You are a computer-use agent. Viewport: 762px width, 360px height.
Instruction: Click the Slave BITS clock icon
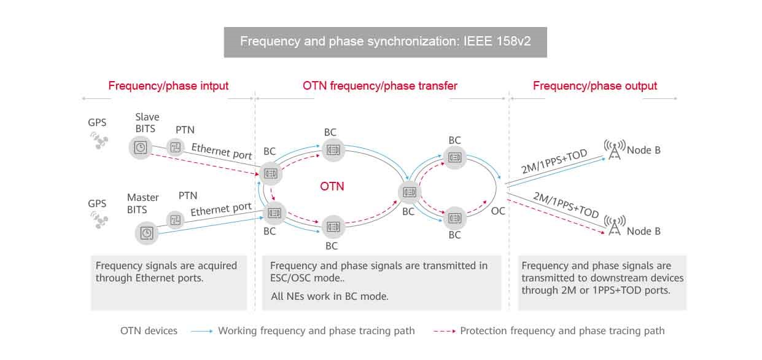[140, 147]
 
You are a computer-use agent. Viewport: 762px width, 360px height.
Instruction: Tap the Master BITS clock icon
[147, 233]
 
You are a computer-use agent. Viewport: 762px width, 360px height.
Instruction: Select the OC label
[498, 211]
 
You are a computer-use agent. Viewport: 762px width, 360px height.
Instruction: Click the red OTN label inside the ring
[332, 187]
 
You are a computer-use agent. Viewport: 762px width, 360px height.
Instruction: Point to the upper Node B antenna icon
[615, 149]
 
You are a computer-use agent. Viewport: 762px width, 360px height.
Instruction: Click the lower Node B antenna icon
[615, 225]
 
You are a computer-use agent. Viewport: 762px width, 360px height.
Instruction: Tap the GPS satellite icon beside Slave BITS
[99, 141]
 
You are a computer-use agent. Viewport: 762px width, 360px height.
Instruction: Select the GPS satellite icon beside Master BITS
[99, 220]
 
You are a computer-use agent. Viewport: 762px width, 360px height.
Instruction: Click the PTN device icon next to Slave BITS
[176, 147]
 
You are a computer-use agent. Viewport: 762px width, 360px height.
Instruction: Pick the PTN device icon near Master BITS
[176, 220]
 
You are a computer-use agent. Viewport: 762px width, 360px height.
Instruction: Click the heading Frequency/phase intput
[168, 86]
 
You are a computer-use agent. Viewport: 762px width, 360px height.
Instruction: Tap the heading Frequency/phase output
[595, 86]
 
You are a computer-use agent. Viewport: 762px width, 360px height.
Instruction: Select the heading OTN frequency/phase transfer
[380, 86]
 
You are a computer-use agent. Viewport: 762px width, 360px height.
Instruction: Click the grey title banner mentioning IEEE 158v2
[386, 42]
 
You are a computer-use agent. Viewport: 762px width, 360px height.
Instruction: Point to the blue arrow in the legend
[202, 331]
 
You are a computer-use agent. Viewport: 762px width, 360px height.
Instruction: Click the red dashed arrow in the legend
[445, 331]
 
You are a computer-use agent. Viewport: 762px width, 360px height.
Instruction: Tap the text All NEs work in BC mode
[329, 296]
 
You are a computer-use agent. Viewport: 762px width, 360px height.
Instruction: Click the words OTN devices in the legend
[149, 331]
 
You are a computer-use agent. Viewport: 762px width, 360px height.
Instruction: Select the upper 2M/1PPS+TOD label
[554, 161]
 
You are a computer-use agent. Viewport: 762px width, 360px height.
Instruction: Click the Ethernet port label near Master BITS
[221, 209]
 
